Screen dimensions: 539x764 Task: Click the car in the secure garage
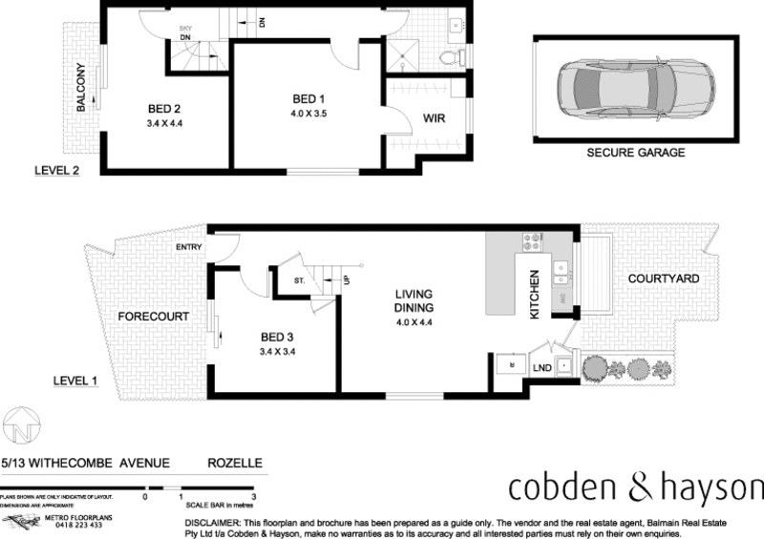pos(635,90)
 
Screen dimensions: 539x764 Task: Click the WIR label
pos(435,120)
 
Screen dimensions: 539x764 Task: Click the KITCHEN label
pos(535,294)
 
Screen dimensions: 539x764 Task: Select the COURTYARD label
pos(664,278)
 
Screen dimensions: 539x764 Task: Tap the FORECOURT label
pos(153,316)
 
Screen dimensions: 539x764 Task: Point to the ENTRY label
pos(189,247)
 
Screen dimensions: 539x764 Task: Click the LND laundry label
pos(541,367)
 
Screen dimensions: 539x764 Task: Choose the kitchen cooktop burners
pos(531,242)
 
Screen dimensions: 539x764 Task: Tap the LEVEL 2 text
pos(53,171)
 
